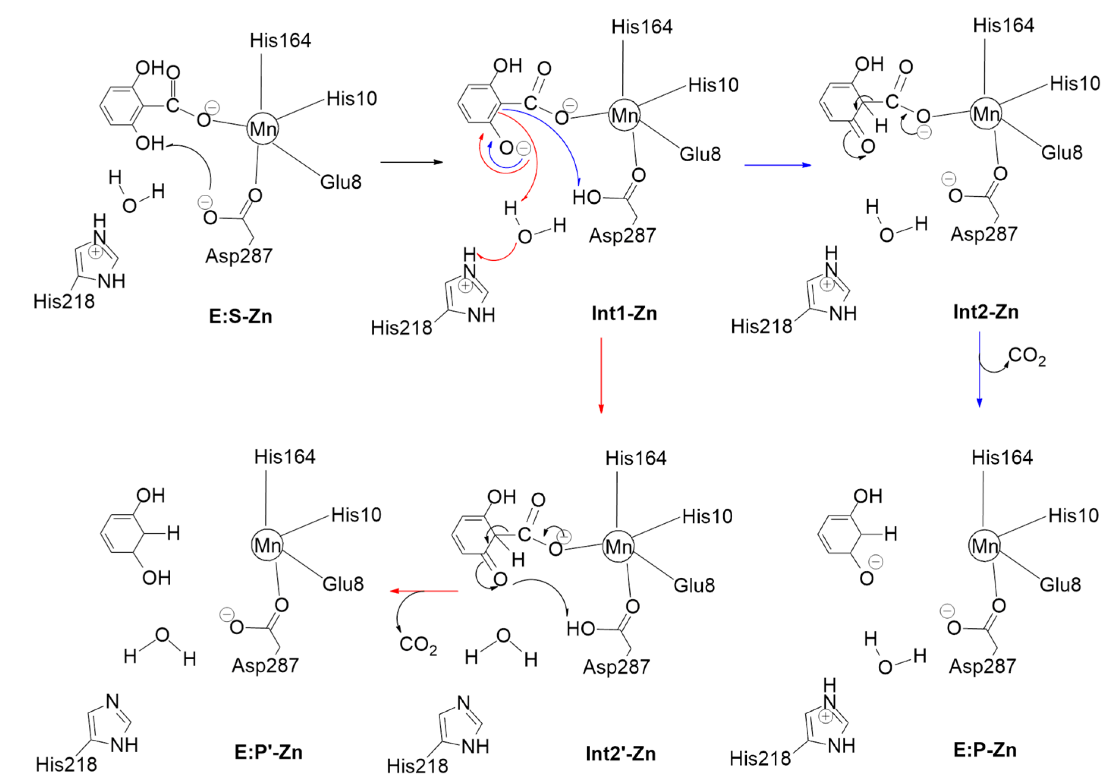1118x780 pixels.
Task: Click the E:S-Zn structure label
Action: point(240,317)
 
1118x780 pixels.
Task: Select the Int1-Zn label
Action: point(624,313)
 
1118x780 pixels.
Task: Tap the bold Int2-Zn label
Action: point(986,312)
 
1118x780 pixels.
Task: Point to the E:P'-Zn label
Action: point(268,752)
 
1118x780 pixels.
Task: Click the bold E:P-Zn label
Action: point(985,750)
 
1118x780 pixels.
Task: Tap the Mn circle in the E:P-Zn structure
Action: point(984,546)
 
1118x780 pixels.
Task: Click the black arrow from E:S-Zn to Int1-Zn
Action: point(411,162)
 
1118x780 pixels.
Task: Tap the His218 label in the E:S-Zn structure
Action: point(64,302)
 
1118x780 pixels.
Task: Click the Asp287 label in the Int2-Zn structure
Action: point(984,234)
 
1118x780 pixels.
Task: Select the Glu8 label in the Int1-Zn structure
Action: point(700,154)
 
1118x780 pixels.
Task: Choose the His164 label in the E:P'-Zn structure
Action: point(284,457)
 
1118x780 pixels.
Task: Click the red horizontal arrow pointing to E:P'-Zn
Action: point(424,591)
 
